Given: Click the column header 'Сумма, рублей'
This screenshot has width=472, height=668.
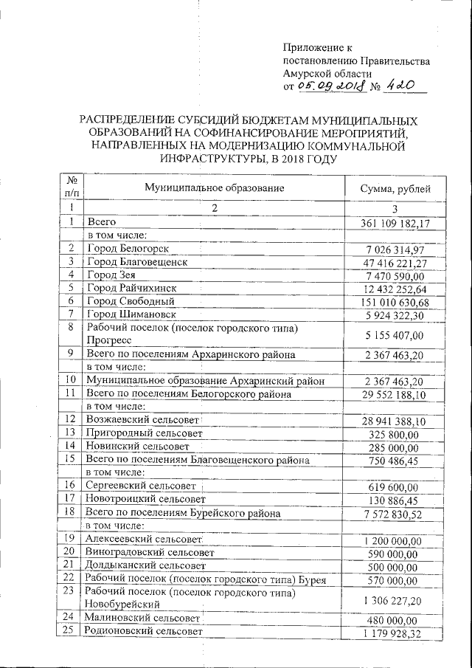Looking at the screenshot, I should click(x=391, y=188).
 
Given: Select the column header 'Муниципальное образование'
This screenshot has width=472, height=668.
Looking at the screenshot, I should click(x=215, y=188).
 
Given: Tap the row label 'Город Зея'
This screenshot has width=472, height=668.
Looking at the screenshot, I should click(x=114, y=275).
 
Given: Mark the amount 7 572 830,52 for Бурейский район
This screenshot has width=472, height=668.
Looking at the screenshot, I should click(x=392, y=513).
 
